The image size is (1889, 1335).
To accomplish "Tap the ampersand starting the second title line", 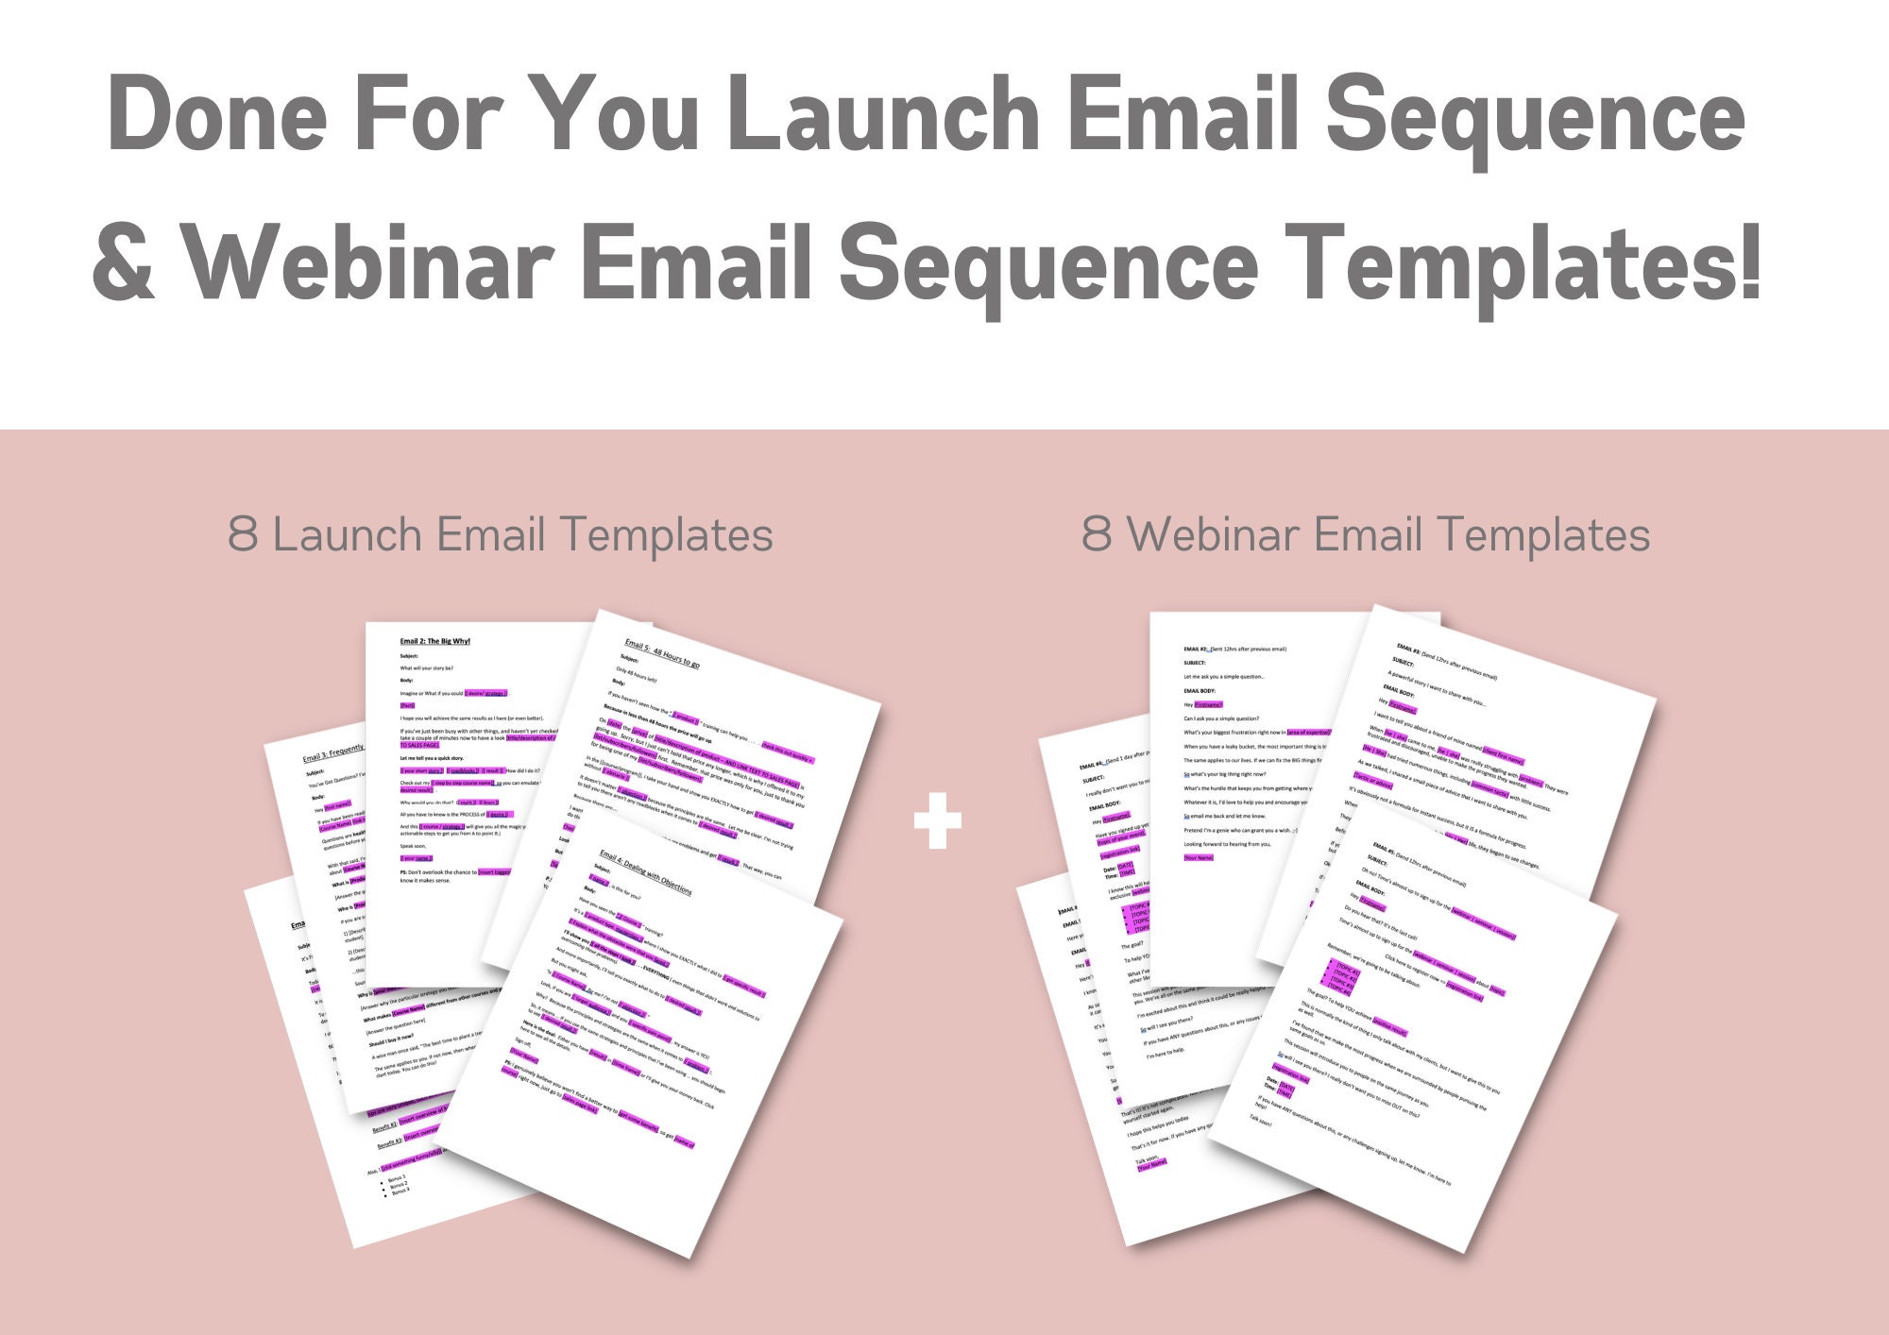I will click(x=124, y=264).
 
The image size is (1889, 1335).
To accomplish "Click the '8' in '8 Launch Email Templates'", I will click(x=242, y=535).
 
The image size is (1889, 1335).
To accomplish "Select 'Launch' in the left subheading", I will click(x=347, y=535).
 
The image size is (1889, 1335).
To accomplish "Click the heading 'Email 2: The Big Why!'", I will click(x=434, y=641).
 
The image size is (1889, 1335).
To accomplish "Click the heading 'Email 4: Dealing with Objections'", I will click(x=646, y=872).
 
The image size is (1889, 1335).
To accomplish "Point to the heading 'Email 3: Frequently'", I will click(x=332, y=752).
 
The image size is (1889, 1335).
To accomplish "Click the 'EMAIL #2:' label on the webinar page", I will click(x=1195, y=649).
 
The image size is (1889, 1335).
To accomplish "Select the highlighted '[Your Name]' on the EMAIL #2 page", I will click(x=1198, y=858).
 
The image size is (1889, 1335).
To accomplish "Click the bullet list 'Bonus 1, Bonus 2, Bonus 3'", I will click(x=398, y=1185).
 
